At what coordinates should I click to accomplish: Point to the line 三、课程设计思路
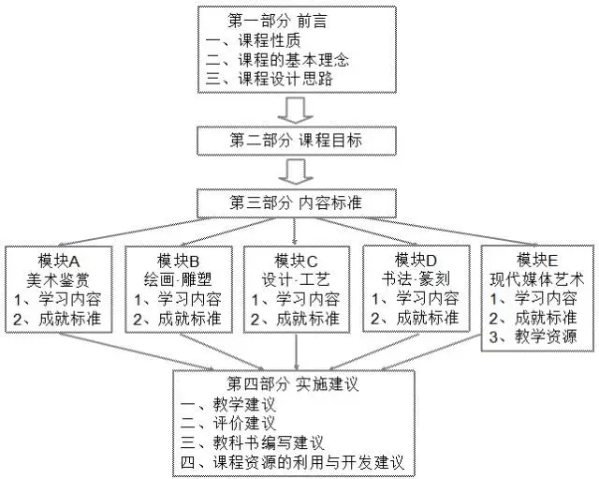(268, 81)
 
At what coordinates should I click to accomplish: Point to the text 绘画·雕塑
(181, 278)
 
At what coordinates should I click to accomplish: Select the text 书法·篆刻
(415, 278)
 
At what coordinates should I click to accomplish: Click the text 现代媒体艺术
(537, 278)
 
